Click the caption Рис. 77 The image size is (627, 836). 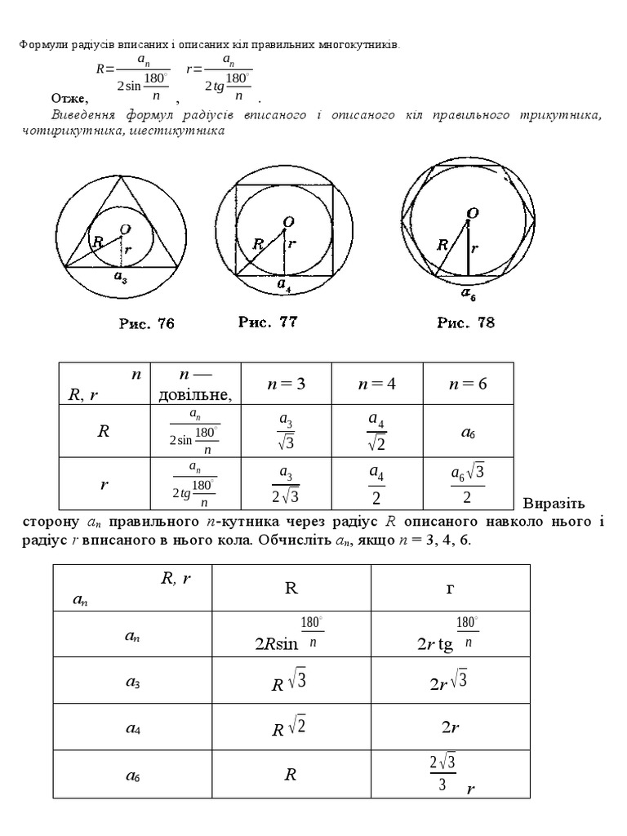click(x=268, y=322)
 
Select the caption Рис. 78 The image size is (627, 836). click(x=465, y=322)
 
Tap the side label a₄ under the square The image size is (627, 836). click(x=283, y=285)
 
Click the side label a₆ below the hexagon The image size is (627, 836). click(x=469, y=295)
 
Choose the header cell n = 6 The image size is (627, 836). click(x=468, y=384)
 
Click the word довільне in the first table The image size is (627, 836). click(x=194, y=395)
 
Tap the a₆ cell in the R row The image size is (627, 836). click(x=468, y=433)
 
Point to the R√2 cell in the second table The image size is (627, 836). click(x=290, y=726)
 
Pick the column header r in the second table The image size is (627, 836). click(x=449, y=588)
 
